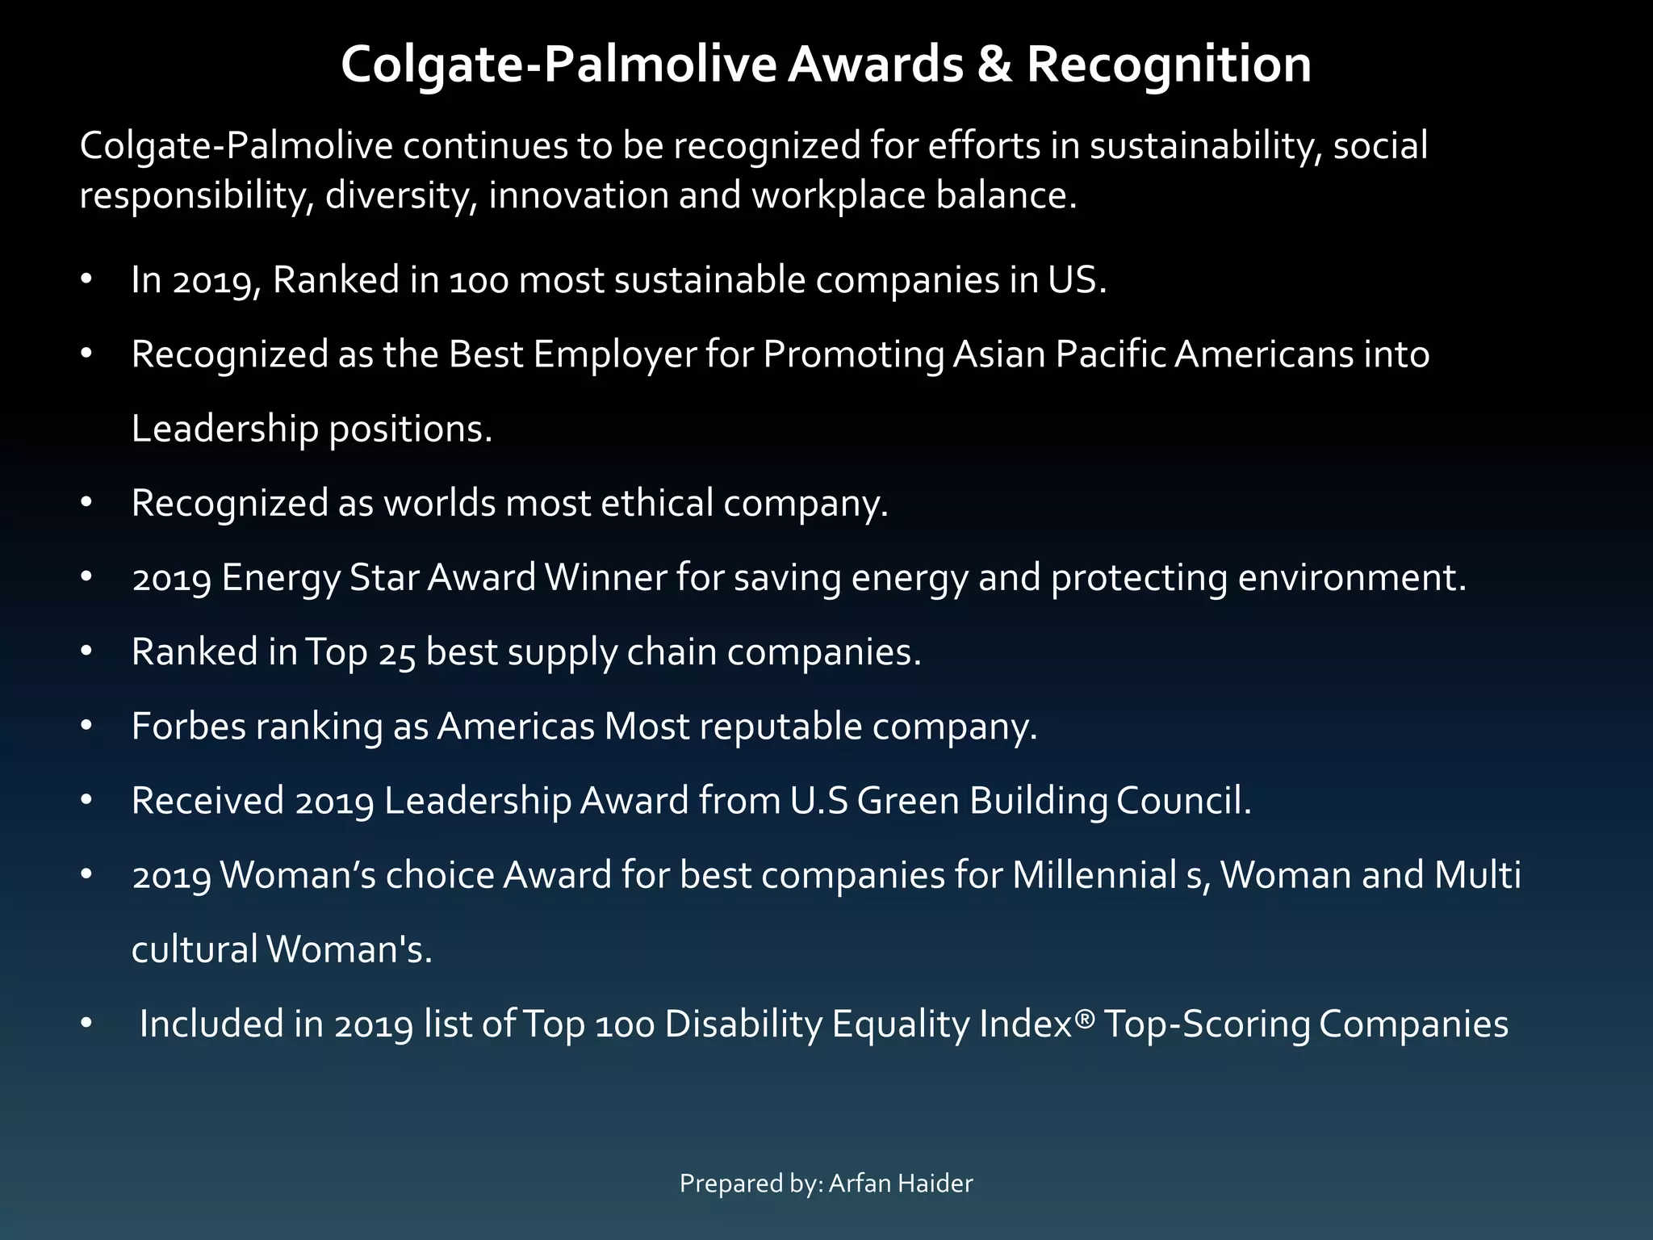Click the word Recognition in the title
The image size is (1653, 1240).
click(1169, 65)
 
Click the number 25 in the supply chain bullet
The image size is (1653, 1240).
click(396, 652)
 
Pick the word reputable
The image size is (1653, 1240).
click(780, 727)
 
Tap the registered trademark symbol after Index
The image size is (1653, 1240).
click(1085, 1019)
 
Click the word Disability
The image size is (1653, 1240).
click(743, 1024)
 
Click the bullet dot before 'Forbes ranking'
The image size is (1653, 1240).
click(87, 727)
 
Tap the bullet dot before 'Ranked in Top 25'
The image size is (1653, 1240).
click(87, 652)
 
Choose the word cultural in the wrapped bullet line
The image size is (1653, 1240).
click(195, 949)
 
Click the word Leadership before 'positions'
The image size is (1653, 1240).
click(225, 429)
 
